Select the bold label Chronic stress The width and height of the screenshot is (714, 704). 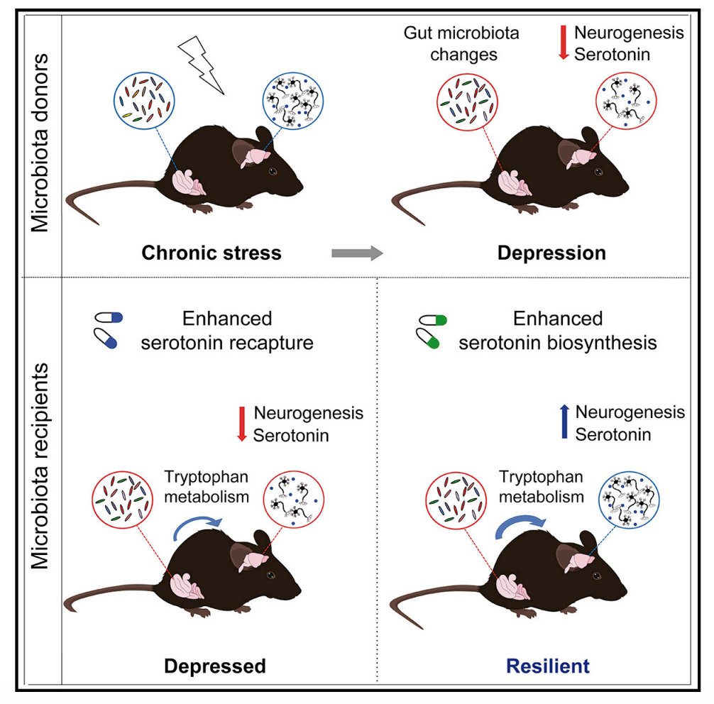212,253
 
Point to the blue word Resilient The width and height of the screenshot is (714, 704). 547,666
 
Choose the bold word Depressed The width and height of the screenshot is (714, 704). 215,666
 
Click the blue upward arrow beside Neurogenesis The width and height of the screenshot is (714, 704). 565,422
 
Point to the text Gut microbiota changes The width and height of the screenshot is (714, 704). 461,43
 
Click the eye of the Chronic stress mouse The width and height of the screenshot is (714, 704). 273,172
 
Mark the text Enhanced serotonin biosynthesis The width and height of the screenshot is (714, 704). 557,330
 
